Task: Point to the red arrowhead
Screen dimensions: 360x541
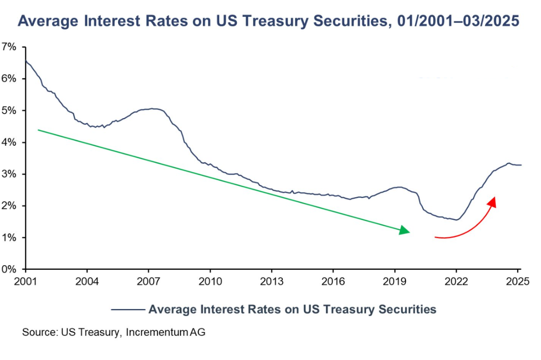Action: pyautogui.click(x=493, y=201)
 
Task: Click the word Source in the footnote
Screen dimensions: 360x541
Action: pyautogui.click(x=38, y=332)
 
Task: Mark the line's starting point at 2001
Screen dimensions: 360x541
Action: pyautogui.click(x=26, y=60)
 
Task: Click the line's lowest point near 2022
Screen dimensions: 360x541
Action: pyautogui.click(x=457, y=220)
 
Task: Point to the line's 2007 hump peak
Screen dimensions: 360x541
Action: pyautogui.click(x=153, y=108)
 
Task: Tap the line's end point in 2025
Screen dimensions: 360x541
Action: pyautogui.click(x=521, y=165)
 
